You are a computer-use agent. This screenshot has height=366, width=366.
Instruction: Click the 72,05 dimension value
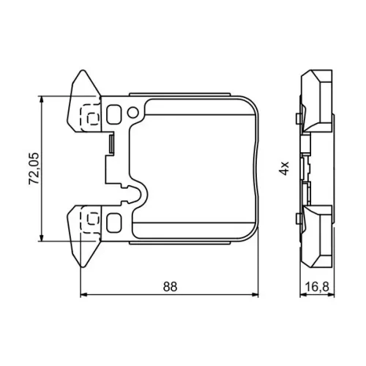(x=34, y=168)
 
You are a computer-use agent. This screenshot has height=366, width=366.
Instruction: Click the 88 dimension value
(x=170, y=287)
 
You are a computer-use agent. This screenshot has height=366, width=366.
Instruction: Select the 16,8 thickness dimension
(x=317, y=287)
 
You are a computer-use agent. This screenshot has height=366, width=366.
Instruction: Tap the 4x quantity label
(x=284, y=168)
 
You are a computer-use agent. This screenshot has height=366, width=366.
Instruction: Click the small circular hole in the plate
(x=133, y=113)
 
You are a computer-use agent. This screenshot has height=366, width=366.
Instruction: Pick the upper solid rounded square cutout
(x=114, y=114)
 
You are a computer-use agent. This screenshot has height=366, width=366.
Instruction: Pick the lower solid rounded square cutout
(x=114, y=223)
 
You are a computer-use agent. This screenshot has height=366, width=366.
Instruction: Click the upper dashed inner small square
(x=93, y=119)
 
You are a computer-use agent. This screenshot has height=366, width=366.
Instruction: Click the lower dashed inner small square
(x=93, y=218)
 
